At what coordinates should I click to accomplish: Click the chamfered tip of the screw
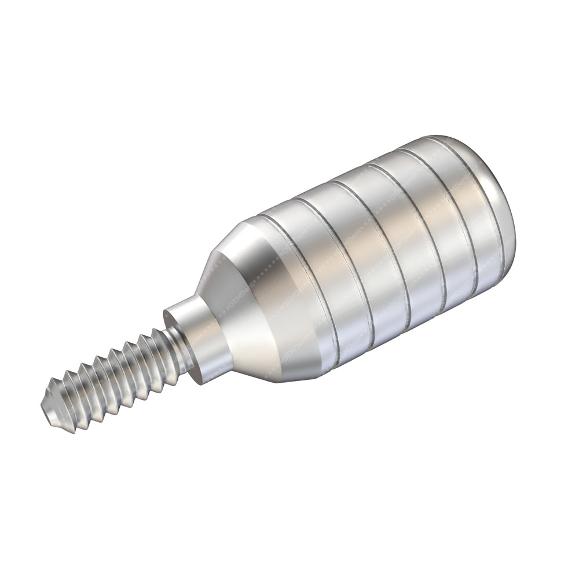point(50,405)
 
